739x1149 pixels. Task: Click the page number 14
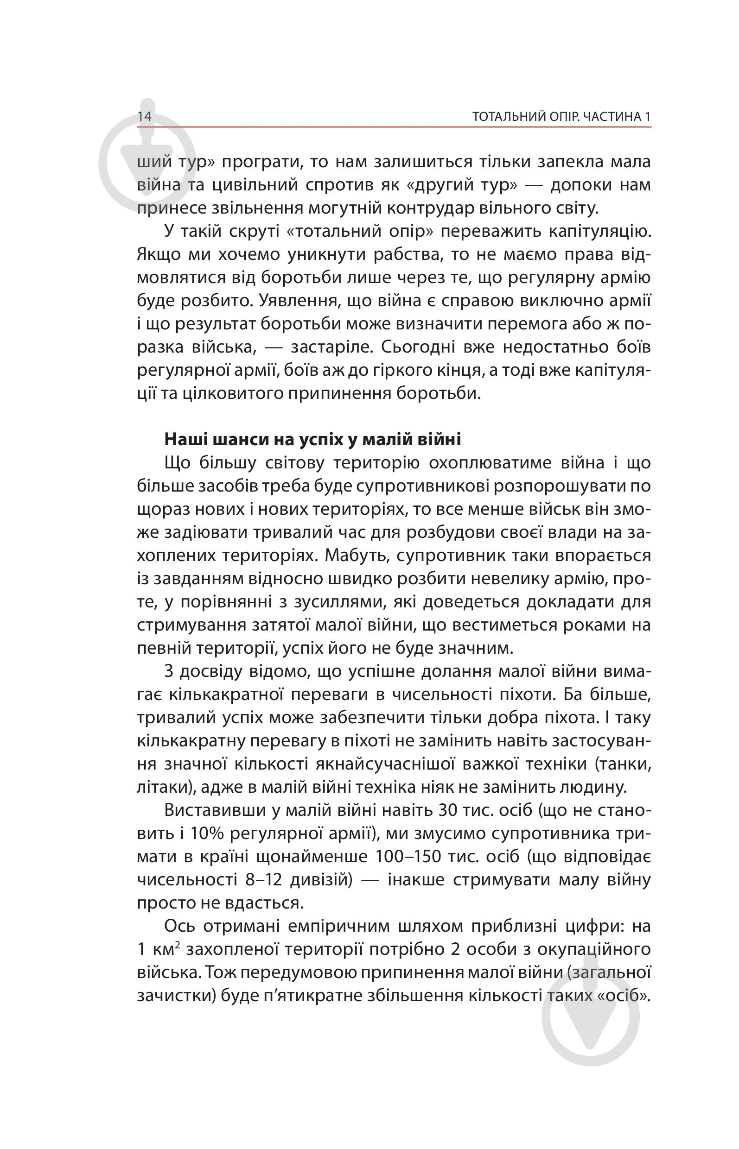coord(145,117)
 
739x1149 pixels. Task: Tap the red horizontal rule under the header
coord(394,127)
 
